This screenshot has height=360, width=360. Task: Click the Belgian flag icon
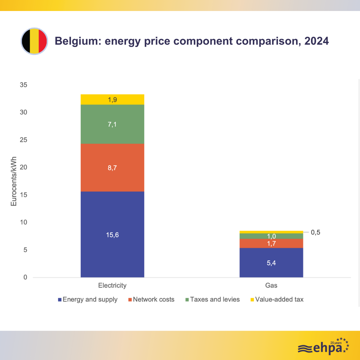[34, 41]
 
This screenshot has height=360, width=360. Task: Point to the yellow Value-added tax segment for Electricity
[112, 99]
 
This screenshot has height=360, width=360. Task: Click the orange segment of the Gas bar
[271, 243]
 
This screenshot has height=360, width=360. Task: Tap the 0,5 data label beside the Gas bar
[315, 232]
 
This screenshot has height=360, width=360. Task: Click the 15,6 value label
[112, 235]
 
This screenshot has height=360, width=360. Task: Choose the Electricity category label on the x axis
[112, 286]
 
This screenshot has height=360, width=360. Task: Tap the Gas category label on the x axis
[271, 286]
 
